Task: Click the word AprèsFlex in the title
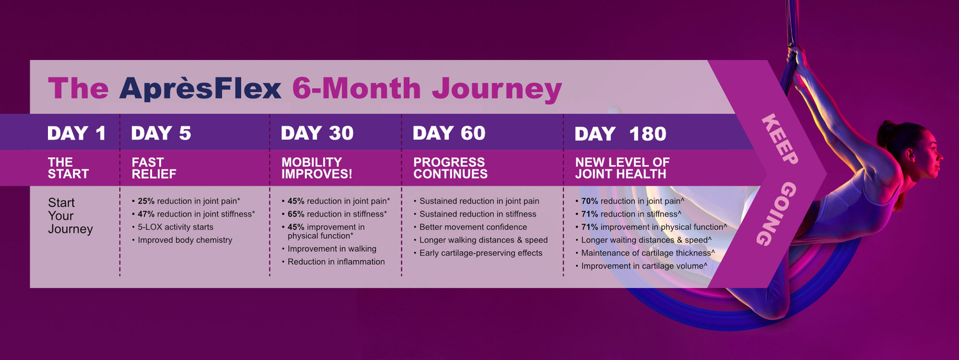[200, 89]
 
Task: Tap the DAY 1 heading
[77, 133]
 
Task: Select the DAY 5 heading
[161, 133]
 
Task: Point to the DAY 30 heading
[317, 133]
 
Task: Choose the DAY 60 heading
[449, 133]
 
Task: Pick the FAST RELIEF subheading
[154, 168]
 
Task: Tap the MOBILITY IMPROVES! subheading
[317, 168]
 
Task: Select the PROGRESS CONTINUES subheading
[450, 168]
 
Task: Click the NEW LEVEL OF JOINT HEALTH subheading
[622, 168]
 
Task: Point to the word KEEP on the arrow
[780, 139]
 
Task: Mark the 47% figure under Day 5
[146, 214]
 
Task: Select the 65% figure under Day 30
[296, 214]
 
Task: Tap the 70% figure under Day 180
[589, 201]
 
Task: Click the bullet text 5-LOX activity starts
[176, 227]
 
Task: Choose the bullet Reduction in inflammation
[336, 262]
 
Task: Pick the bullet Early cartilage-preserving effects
[481, 253]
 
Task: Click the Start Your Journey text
[70, 215]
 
